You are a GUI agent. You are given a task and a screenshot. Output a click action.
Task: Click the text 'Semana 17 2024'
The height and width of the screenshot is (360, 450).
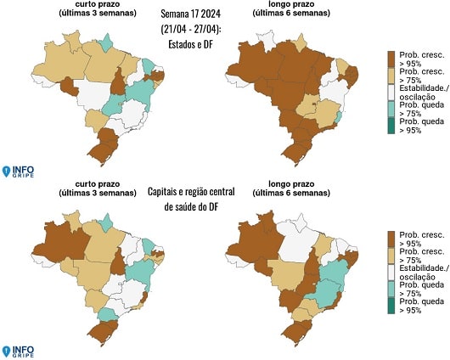coord(190,14)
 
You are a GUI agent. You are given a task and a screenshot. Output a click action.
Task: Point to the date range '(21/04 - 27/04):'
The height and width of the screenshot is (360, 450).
coord(191,29)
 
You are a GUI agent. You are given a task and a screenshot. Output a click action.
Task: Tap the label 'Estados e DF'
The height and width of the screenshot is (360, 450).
coord(190,44)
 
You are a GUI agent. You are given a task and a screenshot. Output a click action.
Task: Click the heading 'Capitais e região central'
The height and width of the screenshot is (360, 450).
coord(191,192)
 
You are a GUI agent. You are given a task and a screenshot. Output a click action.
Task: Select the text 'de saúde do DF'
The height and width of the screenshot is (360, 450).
coord(191,206)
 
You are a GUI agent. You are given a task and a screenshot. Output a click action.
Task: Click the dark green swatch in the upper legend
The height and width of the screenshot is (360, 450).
coord(391,126)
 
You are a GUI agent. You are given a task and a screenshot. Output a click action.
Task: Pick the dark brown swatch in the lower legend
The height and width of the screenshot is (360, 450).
coord(391,239)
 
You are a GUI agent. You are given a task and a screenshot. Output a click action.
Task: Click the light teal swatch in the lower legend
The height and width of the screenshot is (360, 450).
coord(391,289)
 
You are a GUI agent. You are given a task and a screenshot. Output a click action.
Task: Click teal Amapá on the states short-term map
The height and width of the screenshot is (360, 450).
coord(105,43)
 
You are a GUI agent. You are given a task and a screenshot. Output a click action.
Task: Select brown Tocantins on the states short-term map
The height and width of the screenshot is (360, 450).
coord(118,82)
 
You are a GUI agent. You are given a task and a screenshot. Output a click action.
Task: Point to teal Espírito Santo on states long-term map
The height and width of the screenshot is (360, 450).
coord(339,117)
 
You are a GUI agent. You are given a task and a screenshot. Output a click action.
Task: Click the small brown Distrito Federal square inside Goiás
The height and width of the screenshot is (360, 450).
coord(314,104)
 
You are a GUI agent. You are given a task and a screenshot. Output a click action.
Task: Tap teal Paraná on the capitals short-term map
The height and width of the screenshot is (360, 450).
coord(108,315)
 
